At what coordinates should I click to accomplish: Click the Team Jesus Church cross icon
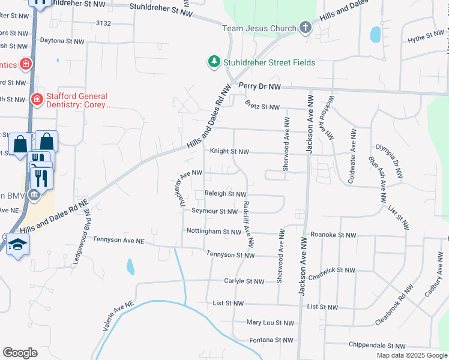coord(306,28)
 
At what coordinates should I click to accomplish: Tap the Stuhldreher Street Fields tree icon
coord(214,61)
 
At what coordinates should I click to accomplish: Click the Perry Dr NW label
coord(259,87)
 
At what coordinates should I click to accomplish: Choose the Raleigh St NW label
coord(226,194)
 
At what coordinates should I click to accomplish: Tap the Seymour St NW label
coord(215,211)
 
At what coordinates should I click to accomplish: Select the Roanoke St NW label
coord(333,235)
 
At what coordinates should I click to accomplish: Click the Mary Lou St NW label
coord(271,323)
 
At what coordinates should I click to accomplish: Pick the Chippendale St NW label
coord(377,346)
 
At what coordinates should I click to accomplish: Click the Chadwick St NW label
coord(334,271)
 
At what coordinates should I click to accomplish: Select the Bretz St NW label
coord(262,107)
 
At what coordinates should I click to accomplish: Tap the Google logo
coord(20,353)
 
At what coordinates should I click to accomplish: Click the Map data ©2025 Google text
coord(411,355)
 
